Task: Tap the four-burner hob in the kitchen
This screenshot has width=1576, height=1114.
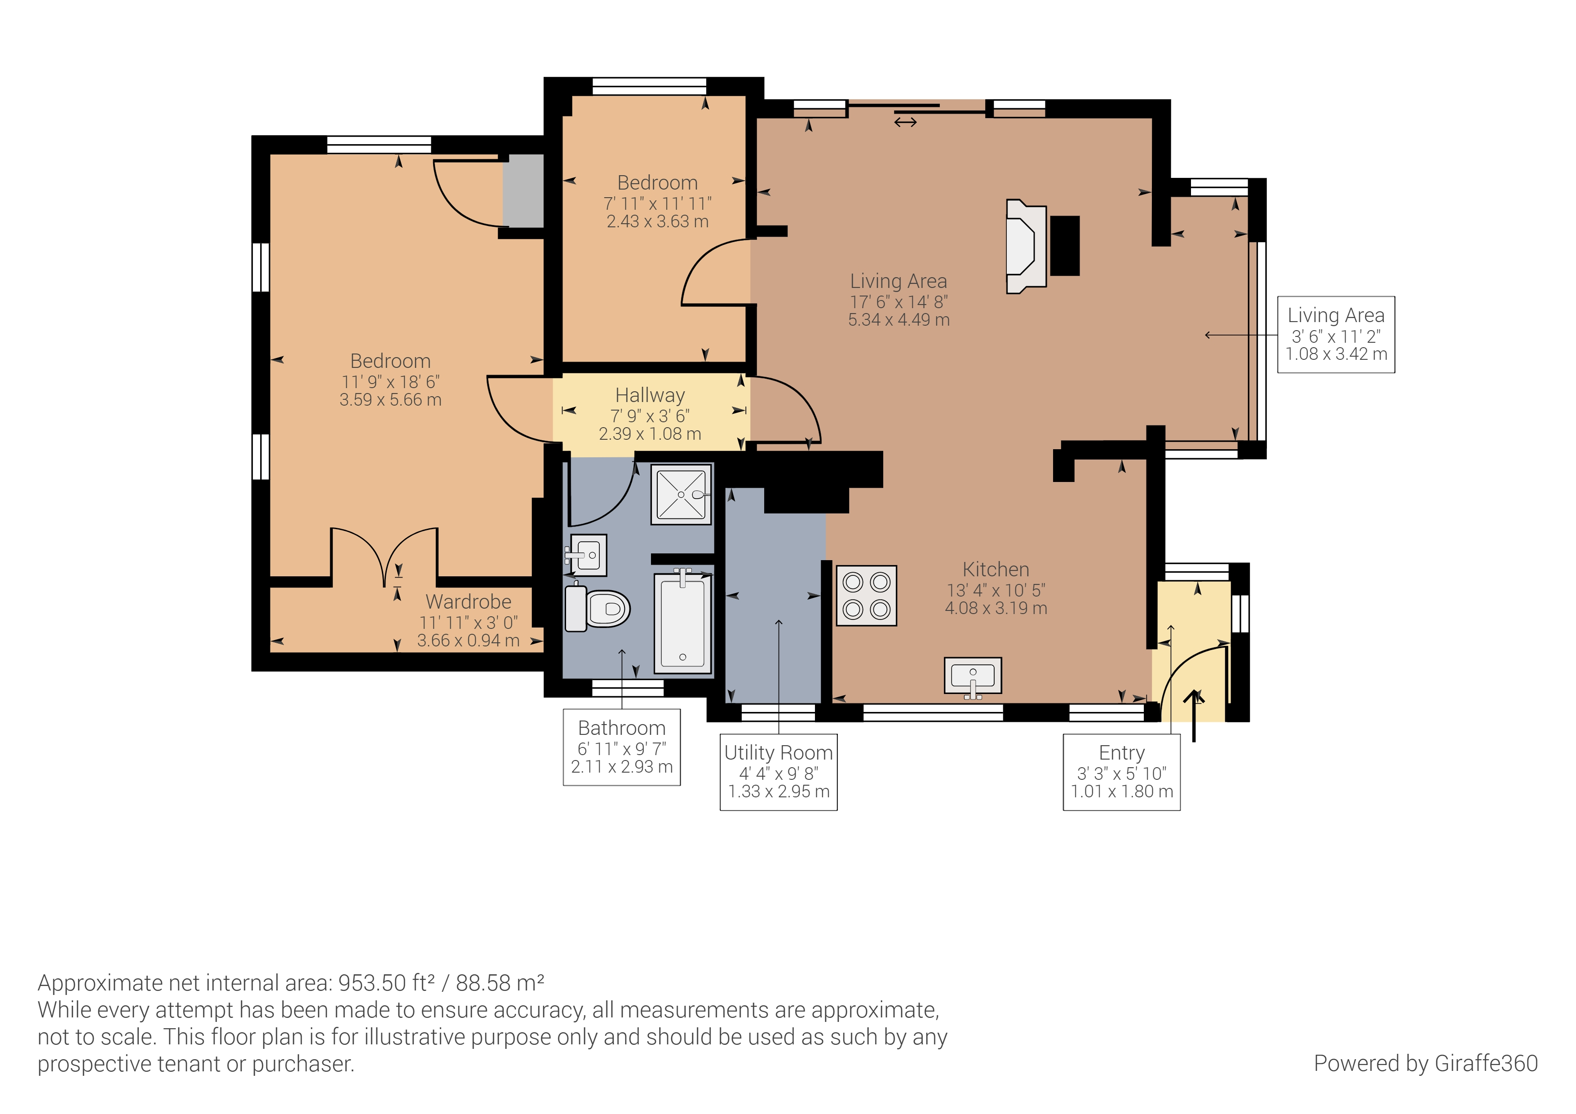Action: [x=866, y=596]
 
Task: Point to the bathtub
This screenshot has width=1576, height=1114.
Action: [x=682, y=623]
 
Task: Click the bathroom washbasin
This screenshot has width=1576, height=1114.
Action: [x=588, y=555]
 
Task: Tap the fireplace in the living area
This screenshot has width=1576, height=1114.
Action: [x=1026, y=247]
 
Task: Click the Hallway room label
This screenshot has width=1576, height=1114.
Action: [x=650, y=395]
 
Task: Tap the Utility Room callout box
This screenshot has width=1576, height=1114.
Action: [x=779, y=772]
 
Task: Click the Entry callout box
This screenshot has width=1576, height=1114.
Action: [x=1122, y=772]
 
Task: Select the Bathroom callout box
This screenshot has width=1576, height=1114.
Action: [x=622, y=747]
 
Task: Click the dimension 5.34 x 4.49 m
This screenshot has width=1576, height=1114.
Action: [x=899, y=320]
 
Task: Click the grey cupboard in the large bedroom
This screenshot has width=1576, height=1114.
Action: [x=523, y=191]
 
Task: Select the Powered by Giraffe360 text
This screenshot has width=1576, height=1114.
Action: [x=1425, y=1063]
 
